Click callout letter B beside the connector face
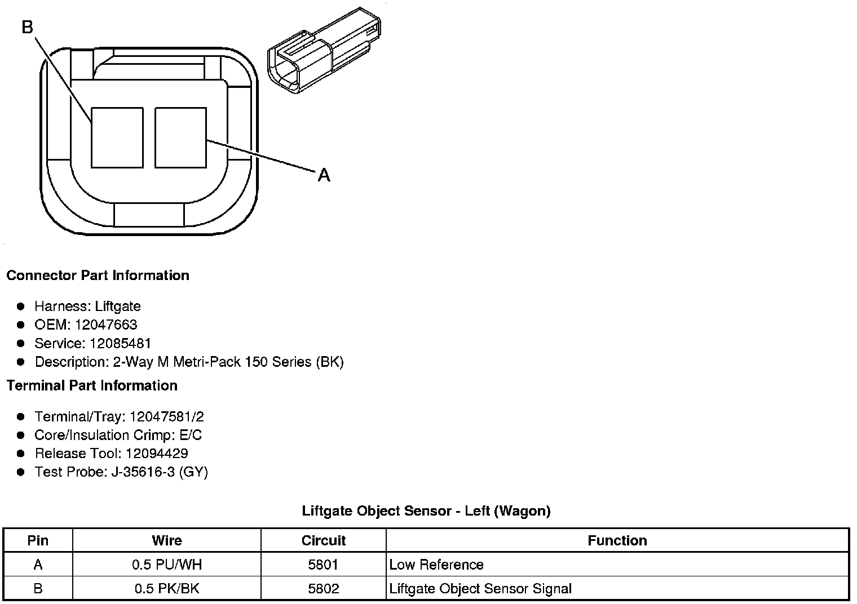(28, 26)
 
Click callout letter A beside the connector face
(324, 175)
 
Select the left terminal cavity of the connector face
(117, 137)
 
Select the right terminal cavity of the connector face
(180, 137)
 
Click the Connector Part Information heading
(98, 276)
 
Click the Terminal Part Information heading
(92, 385)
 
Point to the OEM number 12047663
(106, 325)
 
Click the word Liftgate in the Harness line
(118, 306)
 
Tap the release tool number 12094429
(157, 454)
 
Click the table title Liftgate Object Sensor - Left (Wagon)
(426, 511)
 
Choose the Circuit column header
(324, 541)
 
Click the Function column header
(617, 541)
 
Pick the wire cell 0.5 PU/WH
(167, 565)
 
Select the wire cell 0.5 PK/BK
(167, 589)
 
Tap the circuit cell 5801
(324, 565)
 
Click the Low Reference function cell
(436, 565)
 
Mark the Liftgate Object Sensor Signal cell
(480, 589)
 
